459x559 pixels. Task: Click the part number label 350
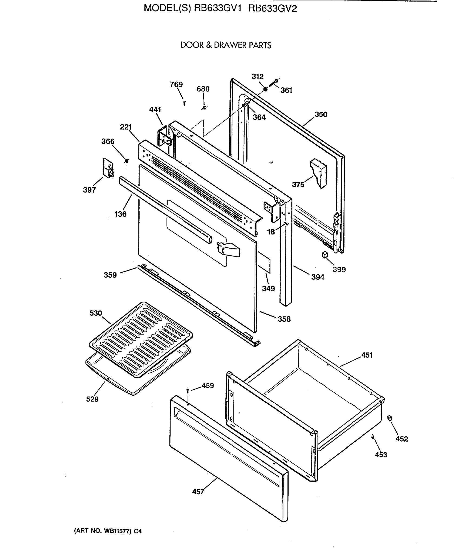(321, 115)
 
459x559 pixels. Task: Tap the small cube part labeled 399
(325, 255)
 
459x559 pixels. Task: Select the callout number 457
(198, 492)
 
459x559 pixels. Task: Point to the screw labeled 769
(184, 103)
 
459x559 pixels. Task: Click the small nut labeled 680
(204, 108)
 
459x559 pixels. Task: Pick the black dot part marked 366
(127, 161)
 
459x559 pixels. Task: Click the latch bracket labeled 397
(108, 168)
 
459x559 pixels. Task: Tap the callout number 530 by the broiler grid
(96, 313)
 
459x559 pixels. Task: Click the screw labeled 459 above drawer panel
(188, 390)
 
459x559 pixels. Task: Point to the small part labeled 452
(389, 418)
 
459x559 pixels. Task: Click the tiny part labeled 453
(372, 436)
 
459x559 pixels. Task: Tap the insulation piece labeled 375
(319, 173)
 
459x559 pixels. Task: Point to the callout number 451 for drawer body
(367, 355)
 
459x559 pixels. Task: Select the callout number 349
(268, 289)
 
